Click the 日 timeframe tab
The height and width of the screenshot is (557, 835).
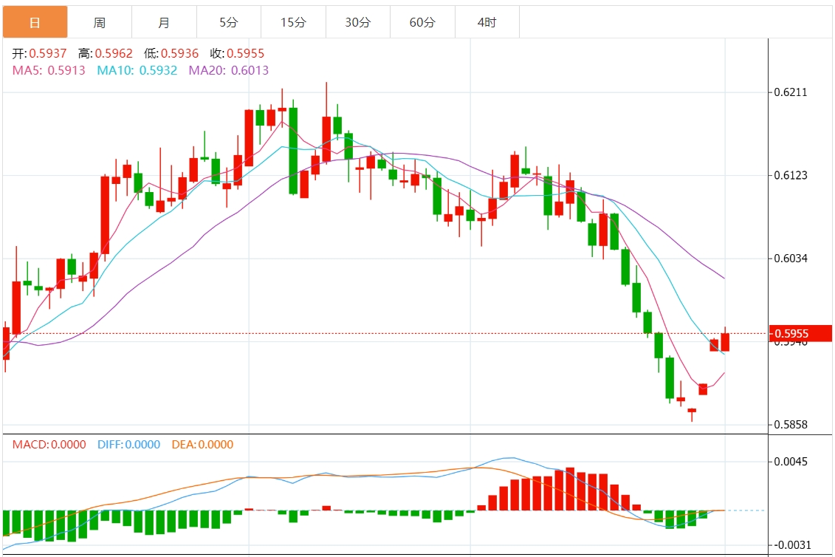(x=35, y=22)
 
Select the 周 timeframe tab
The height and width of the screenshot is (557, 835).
(x=100, y=22)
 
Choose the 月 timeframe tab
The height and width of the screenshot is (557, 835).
(x=164, y=22)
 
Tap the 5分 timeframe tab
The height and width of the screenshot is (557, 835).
(x=229, y=22)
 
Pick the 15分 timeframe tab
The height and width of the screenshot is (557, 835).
(x=293, y=22)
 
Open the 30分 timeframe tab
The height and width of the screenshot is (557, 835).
(x=358, y=22)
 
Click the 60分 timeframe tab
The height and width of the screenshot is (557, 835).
(x=422, y=22)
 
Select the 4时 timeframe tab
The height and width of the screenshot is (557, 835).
(x=487, y=22)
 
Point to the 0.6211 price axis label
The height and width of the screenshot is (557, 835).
(x=791, y=93)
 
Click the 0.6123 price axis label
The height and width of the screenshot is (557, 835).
(x=791, y=176)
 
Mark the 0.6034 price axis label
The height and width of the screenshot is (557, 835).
(x=791, y=259)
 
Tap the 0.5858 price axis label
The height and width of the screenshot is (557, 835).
(x=791, y=425)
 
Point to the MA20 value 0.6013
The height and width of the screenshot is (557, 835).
(x=250, y=70)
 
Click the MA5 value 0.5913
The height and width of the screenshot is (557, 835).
(x=66, y=70)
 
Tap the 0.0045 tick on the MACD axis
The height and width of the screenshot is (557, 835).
(x=791, y=462)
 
